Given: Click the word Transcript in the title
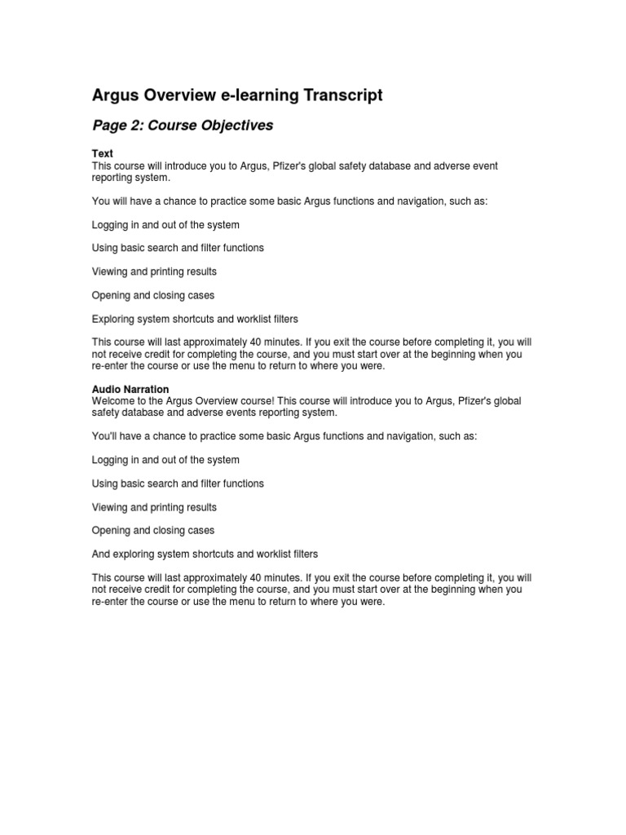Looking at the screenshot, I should pyautogui.click(x=342, y=95).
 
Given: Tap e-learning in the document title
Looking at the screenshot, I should pyautogui.click(x=257, y=95).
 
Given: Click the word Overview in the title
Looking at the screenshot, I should pyautogui.click(x=182, y=95).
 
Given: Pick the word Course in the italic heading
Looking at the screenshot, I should pyautogui.click(x=168, y=126).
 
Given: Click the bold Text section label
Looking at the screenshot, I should pyautogui.click(x=102, y=154).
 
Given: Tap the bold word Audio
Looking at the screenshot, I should pyautogui.click(x=106, y=390).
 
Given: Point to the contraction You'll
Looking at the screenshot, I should pyautogui.click(x=105, y=436).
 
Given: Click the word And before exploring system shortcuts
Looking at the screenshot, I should pyautogui.click(x=102, y=554).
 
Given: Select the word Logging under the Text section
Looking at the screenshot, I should pyautogui.click(x=111, y=224).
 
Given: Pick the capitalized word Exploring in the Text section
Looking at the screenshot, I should pyautogui.click(x=114, y=319).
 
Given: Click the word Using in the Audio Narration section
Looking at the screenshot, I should pyautogui.click(x=105, y=484).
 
